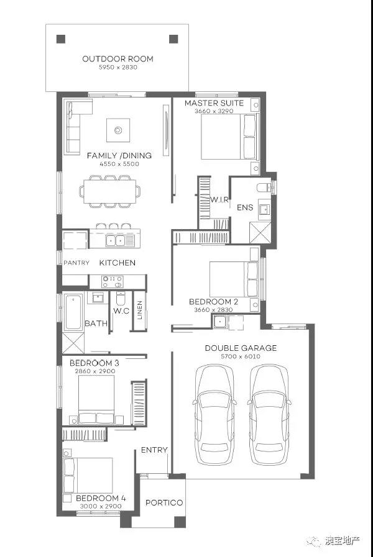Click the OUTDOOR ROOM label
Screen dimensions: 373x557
point(117,59)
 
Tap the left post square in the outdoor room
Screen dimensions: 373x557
point(61,38)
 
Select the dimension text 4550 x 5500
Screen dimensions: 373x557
point(119,164)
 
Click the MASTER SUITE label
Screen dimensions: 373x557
point(214,103)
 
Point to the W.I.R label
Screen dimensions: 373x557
point(219,200)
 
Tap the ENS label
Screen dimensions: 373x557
point(245,207)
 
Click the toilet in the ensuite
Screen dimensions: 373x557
point(264,187)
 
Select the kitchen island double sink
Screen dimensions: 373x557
point(116,241)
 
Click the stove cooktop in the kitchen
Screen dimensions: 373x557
point(113,282)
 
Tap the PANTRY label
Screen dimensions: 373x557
point(76,263)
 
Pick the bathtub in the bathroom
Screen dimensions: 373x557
point(73,312)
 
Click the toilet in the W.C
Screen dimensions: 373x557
point(121,299)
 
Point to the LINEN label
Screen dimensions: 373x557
point(139,310)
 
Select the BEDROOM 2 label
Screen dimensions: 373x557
point(213,302)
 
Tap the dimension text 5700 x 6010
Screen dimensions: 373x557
point(241,356)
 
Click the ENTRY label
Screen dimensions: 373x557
point(154,450)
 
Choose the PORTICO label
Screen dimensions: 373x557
point(164,502)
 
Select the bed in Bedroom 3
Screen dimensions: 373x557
point(96,400)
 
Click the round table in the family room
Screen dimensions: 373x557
point(118,130)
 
